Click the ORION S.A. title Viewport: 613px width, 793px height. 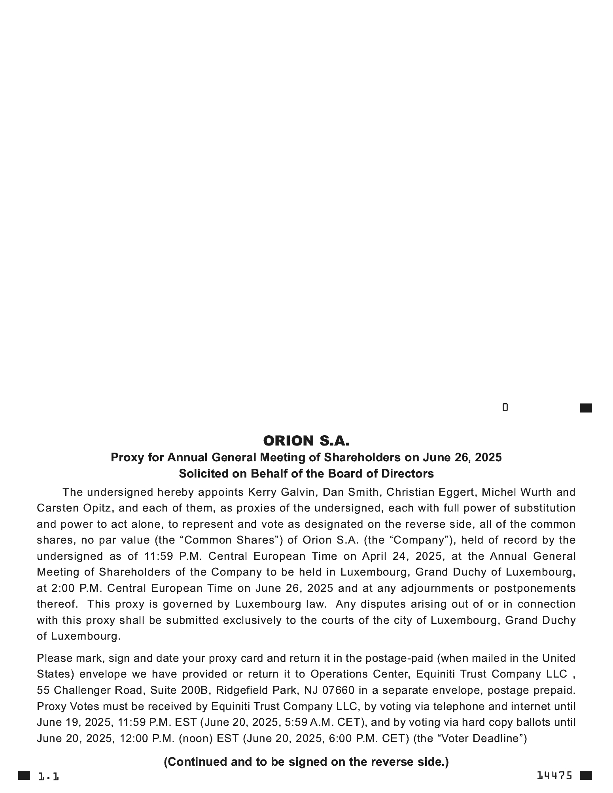point(306,441)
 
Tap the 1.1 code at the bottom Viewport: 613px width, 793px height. point(48,776)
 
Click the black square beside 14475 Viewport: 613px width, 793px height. point(586,776)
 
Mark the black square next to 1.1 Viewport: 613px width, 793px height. point(24,776)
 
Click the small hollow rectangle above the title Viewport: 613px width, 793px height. point(505,408)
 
